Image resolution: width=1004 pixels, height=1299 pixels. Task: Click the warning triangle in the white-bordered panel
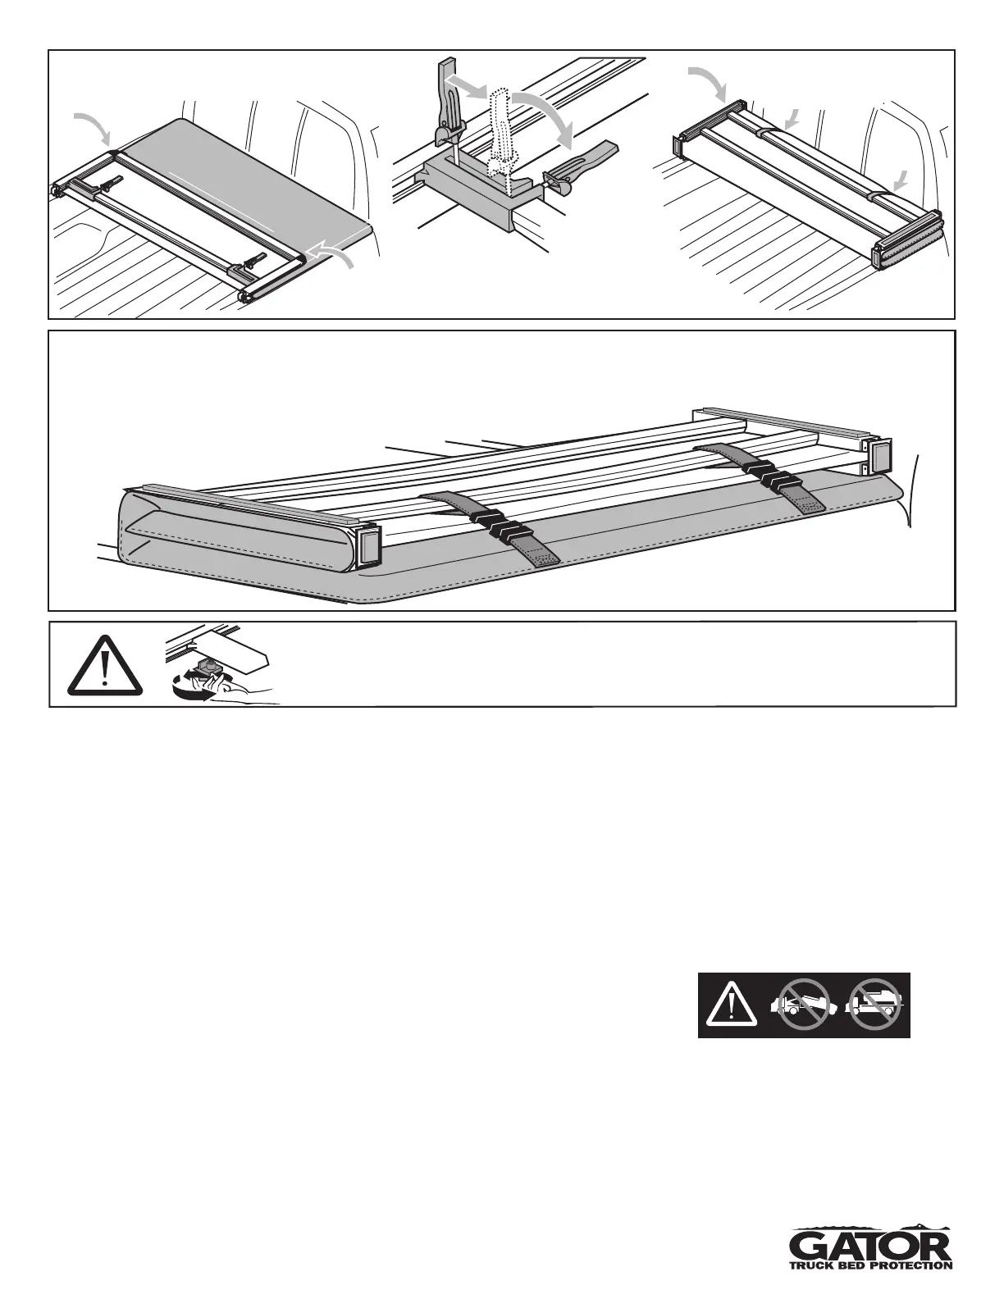104,665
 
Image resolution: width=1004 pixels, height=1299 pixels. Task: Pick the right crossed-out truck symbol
875,1005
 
